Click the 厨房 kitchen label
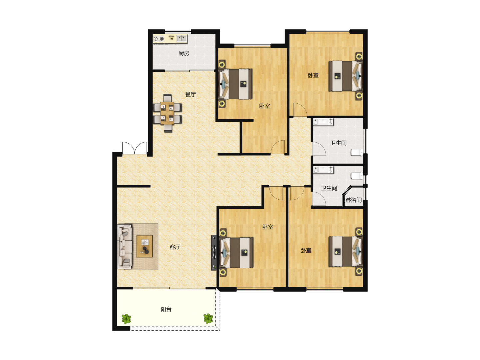183,53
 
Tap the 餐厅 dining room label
190,94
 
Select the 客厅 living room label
175,247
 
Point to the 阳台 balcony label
166,309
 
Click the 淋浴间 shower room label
353,200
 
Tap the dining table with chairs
167,113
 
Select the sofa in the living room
125,246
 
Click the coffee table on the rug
145,246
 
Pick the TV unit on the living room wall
214,253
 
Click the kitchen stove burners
159,39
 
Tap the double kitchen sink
182,39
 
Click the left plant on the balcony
126,319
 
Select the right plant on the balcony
208,318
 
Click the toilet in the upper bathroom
357,152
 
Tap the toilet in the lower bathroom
357,176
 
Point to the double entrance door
134,148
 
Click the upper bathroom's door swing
319,149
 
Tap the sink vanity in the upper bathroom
323,122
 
